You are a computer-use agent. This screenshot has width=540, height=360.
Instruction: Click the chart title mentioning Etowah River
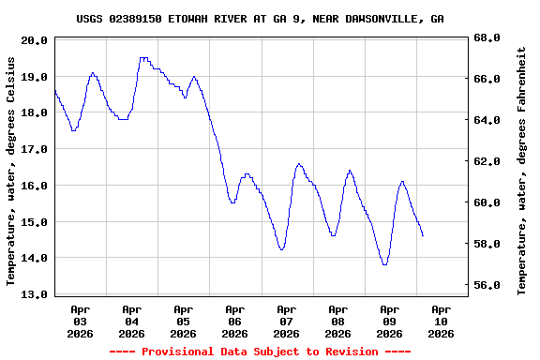tap(260, 19)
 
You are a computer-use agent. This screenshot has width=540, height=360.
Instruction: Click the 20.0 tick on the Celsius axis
tap(34, 40)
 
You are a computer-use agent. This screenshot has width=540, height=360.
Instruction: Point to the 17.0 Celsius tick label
tap(34, 149)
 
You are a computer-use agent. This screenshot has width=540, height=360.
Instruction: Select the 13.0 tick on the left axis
tap(34, 294)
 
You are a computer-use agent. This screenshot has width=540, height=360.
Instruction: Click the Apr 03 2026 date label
tap(81, 321)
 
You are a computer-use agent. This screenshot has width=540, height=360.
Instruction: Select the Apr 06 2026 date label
tap(234, 321)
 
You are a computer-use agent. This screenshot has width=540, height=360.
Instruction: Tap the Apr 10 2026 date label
tap(441, 321)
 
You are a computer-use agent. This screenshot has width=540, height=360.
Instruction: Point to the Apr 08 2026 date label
tap(337, 321)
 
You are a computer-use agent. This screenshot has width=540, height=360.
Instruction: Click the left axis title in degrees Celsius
tap(10, 171)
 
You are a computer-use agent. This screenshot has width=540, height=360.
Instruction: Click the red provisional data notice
tap(260, 352)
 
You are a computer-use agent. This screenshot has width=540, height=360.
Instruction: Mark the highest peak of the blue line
tap(142, 58)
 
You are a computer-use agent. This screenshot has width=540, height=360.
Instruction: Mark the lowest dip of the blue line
tap(384, 264)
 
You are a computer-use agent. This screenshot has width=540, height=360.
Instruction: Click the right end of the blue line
tap(423, 235)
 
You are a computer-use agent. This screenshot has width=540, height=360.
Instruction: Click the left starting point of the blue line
tap(55, 91)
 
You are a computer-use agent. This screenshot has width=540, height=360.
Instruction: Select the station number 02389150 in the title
tap(135, 19)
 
